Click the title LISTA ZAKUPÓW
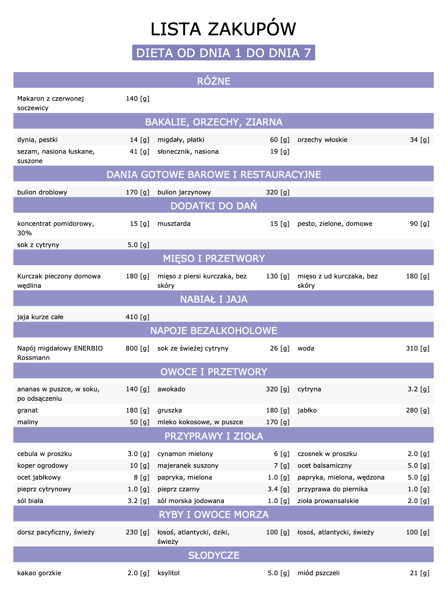pos(223,29)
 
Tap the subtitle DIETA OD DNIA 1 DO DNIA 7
pos(223,53)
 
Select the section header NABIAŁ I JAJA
pos(214,300)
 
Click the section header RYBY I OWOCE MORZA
pos(214,515)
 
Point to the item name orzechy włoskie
pos(322,140)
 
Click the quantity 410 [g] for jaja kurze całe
pos(137,317)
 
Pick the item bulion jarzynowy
pos(184,193)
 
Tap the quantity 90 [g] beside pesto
pos(419,224)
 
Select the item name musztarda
pos(174,224)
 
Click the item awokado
pos(171,389)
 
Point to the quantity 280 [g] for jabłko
pos(418,411)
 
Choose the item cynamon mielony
pos(185,454)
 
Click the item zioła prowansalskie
pos(328,501)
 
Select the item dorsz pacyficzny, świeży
pos(56,532)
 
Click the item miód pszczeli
pos(318,573)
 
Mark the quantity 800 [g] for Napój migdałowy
pos(137,349)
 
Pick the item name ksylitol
pos(168,573)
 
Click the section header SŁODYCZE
pos(214,556)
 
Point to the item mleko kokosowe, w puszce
pos(200,422)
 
